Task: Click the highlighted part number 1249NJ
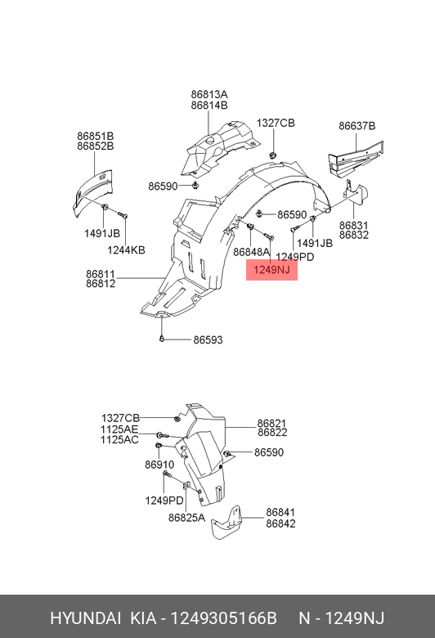(271, 270)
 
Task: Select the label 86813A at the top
(209, 94)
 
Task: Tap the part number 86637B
(357, 126)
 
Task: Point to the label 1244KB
(126, 249)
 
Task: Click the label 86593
(208, 339)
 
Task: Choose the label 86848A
(252, 252)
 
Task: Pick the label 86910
(159, 465)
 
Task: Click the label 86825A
(186, 517)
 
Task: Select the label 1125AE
(119, 429)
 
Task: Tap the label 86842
(280, 523)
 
